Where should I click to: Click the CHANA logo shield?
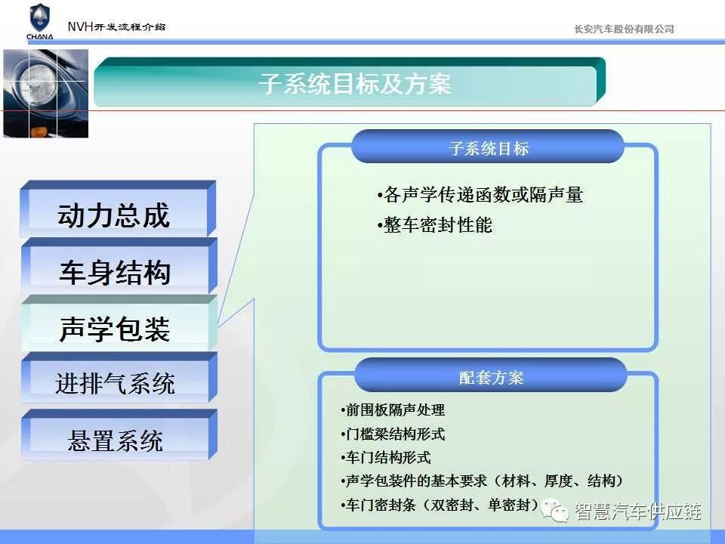(40, 18)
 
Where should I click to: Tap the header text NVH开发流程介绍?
(116, 27)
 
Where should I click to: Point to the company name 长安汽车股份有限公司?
(624, 29)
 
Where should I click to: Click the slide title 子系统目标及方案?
(355, 84)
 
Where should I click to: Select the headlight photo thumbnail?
(46, 94)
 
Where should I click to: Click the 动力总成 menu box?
(118, 209)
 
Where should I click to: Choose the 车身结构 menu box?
(119, 267)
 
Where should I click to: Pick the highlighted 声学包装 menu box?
(119, 323)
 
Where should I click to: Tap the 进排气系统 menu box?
(119, 378)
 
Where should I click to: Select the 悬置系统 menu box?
(119, 435)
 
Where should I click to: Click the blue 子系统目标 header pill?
(488, 147)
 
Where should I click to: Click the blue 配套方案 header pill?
(491, 376)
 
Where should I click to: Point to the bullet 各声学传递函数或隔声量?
(480, 195)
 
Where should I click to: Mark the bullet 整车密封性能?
(435, 225)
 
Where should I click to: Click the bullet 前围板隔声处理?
(393, 410)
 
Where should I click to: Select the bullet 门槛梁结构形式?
(393, 434)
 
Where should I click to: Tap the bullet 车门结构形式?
(386, 458)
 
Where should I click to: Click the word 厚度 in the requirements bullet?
(559, 481)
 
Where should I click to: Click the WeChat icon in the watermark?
(555, 510)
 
